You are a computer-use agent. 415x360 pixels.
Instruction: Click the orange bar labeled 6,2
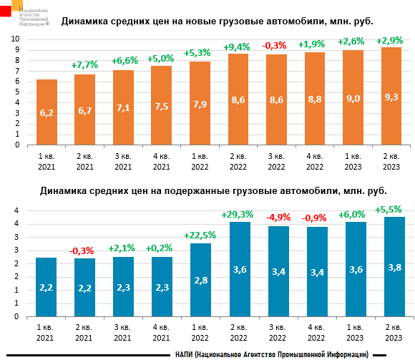coord(47,112)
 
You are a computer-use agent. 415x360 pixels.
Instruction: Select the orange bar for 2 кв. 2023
coord(391,96)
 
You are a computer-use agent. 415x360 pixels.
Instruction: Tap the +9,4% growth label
coord(238,47)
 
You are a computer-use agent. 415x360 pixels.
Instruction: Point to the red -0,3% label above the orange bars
coord(276,46)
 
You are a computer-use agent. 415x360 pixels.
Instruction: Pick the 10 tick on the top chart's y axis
coord(14,37)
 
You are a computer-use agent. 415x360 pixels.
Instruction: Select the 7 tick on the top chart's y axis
coord(15,70)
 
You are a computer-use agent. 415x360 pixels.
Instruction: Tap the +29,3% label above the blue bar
coord(238,214)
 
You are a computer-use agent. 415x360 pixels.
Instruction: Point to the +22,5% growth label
coord(200,235)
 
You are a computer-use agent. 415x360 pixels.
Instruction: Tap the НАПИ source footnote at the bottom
coord(271,354)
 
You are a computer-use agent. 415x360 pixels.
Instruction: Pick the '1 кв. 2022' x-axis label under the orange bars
coord(200,160)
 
